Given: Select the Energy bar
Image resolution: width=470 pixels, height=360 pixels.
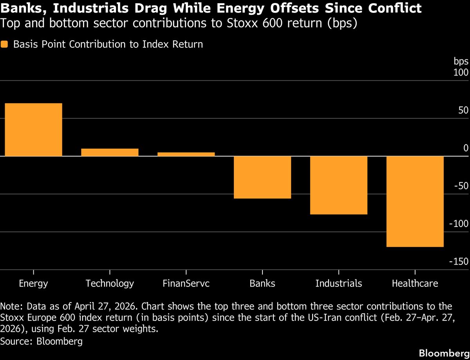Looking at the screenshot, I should coord(33,130).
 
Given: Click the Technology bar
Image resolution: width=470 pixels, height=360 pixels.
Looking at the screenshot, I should coord(110,152).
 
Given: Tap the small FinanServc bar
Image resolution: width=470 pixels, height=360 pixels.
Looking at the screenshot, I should coord(186,154).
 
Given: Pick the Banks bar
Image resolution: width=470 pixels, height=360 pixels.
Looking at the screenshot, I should coord(262,177).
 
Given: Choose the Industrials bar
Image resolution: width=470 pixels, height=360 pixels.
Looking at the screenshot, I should coord(339,185).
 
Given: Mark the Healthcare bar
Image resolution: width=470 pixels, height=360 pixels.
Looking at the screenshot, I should coord(415,202).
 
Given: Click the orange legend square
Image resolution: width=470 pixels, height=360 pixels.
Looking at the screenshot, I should coord(4,44).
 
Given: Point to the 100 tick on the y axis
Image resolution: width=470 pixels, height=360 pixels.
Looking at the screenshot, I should coord(461,73).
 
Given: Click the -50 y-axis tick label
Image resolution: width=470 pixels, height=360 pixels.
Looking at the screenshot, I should coord(461,186).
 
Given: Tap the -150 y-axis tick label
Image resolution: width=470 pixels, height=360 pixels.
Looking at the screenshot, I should coord(459,262).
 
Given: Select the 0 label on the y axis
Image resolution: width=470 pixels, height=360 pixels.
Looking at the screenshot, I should coord(466,148).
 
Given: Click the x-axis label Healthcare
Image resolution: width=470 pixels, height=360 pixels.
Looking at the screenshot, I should coord(415,283).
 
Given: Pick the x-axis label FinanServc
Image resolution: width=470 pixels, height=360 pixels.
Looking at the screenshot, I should coord(186,283).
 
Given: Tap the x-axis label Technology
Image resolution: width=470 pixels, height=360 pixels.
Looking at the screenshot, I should coord(110,283).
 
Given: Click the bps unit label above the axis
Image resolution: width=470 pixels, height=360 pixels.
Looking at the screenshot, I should coord(461,61).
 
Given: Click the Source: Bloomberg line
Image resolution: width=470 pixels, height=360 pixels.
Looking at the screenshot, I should coord(42,341).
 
